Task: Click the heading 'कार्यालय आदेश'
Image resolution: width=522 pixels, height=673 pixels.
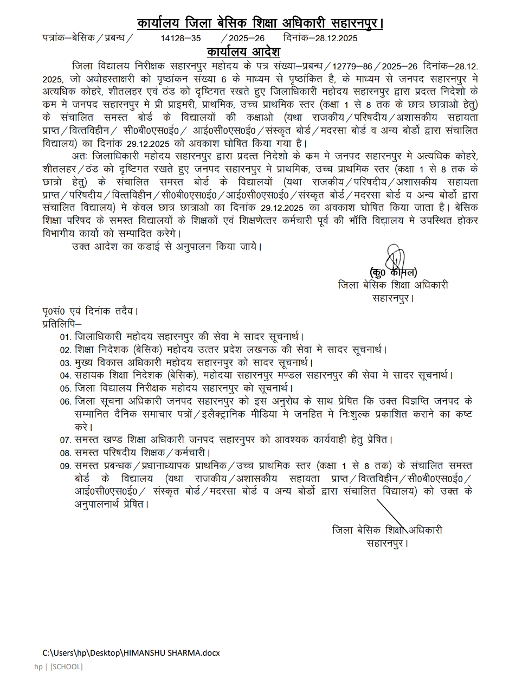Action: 243,52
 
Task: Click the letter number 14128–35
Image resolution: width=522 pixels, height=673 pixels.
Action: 181,38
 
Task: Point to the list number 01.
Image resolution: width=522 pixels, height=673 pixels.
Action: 66,337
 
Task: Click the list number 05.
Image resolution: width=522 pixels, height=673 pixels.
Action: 66,389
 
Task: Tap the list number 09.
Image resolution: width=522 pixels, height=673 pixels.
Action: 66,466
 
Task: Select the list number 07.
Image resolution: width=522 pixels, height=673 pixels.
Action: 66,440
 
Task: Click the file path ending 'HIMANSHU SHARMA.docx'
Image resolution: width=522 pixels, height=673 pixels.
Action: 131,653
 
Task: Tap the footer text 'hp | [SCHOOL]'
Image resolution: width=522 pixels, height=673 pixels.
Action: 59,666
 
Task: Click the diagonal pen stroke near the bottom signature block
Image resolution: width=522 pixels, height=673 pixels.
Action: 393,516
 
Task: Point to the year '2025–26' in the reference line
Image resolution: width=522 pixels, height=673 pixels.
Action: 247,38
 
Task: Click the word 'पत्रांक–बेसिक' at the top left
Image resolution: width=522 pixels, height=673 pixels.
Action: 68,38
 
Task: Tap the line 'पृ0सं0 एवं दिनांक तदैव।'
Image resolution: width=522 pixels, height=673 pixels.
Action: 91,311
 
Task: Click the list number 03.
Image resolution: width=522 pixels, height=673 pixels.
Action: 66,363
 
